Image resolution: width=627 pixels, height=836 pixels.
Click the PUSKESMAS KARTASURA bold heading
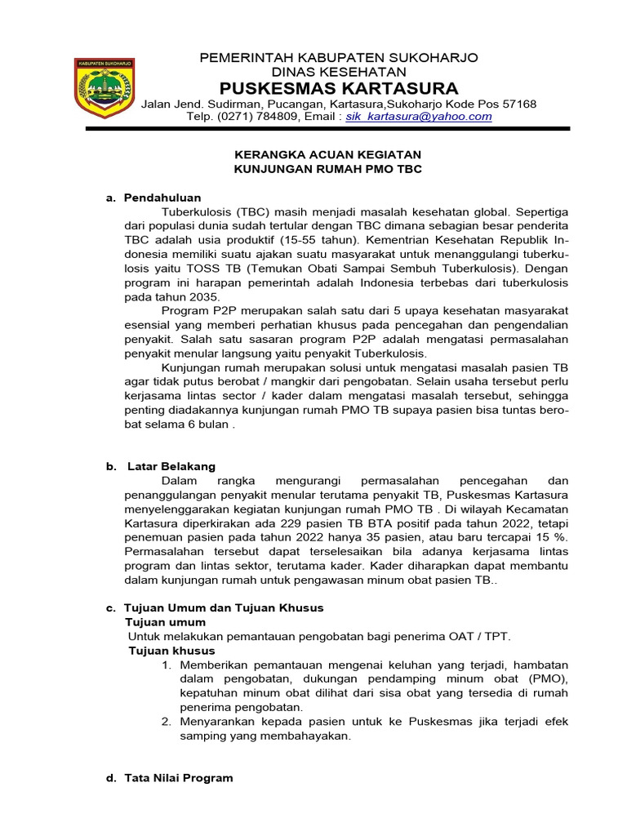339,88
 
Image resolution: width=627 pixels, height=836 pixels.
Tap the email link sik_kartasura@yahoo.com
419,117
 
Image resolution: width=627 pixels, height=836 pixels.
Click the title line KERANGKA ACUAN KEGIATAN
328,153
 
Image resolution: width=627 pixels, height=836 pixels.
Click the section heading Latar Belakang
171,466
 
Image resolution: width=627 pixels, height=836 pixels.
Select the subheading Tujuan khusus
171,651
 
